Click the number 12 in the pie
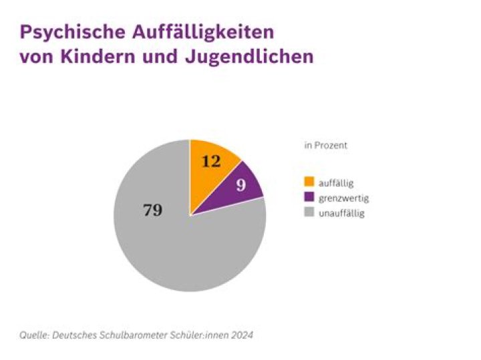211,161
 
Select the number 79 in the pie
153,210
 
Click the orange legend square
309,181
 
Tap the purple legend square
309,197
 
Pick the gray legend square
309,213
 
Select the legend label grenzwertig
343,198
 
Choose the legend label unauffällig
341,213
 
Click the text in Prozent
326,145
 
